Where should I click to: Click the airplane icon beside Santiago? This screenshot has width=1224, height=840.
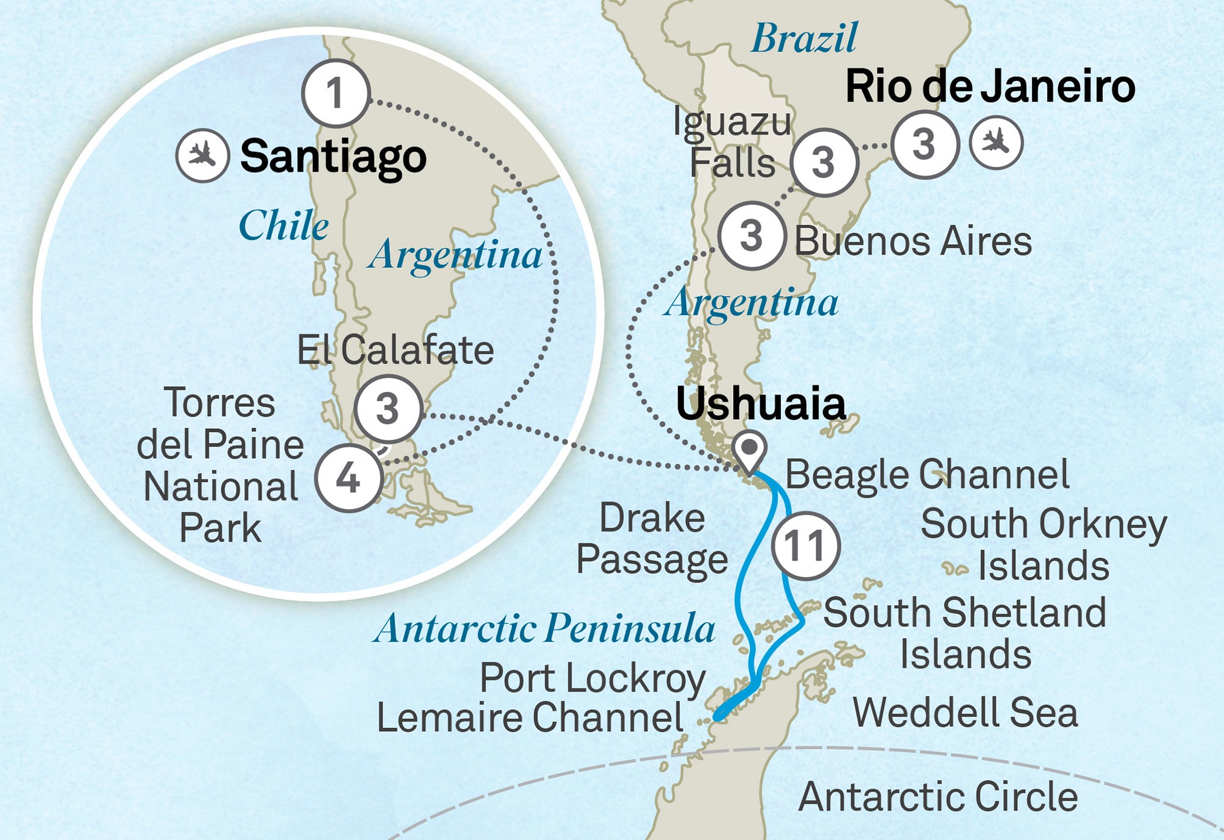(x=203, y=155)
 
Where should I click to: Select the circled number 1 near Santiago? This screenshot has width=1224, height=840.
(x=336, y=94)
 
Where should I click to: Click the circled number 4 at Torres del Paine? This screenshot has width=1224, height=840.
(x=348, y=478)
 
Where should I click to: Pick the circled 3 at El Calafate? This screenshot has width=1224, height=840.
(x=388, y=409)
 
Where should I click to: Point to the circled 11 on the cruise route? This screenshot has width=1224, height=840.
(x=805, y=546)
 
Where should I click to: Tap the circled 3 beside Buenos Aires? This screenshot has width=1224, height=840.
(x=752, y=236)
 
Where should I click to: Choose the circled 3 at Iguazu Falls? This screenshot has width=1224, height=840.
(x=824, y=163)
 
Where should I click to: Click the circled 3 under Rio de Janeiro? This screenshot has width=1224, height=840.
(x=924, y=144)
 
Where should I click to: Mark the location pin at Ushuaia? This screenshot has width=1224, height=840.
(x=750, y=450)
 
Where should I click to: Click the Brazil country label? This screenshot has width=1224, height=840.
(x=804, y=39)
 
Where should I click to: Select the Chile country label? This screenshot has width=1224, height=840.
(x=283, y=226)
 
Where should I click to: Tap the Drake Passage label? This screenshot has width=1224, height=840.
(x=652, y=539)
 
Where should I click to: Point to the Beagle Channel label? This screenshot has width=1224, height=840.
(x=927, y=475)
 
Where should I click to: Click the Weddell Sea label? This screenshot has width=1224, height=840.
(x=965, y=713)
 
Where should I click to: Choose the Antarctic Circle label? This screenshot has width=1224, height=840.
(x=938, y=797)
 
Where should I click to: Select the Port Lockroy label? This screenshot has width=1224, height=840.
(x=592, y=679)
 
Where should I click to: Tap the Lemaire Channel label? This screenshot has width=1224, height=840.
(x=530, y=718)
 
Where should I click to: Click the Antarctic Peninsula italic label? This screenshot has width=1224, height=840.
(x=543, y=629)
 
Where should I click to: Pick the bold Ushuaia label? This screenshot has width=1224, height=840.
(x=760, y=404)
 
